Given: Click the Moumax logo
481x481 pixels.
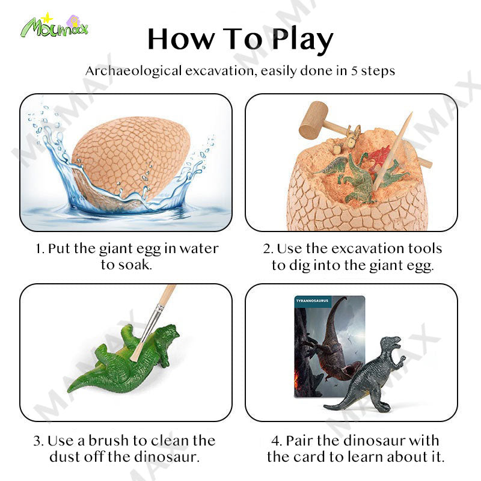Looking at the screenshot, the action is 54,25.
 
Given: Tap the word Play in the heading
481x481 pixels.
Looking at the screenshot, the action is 302,40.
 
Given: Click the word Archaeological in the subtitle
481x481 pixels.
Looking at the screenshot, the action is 133,71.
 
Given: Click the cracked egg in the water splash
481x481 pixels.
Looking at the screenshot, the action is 131,159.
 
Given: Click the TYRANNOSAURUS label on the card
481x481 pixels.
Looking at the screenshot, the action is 312,301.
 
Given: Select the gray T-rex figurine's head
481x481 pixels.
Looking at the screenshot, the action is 392,343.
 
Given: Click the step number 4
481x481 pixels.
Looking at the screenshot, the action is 276,441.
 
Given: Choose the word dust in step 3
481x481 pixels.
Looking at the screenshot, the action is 64,457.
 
